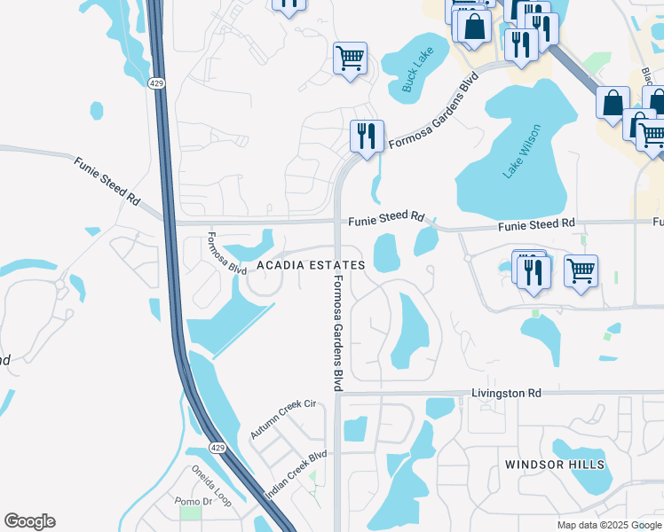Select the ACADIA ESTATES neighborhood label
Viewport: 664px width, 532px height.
(311, 266)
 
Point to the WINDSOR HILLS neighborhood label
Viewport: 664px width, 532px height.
(555, 465)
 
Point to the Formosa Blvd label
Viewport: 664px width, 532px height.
(226, 254)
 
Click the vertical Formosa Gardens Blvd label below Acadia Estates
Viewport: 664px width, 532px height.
(338, 333)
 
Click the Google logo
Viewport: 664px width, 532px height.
(29, 521)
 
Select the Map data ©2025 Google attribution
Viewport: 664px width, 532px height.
(608, 525)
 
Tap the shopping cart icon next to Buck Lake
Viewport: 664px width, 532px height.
(350, 59)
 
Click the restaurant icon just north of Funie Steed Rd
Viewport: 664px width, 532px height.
(367, 137)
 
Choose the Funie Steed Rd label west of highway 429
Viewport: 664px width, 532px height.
(107, 181)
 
